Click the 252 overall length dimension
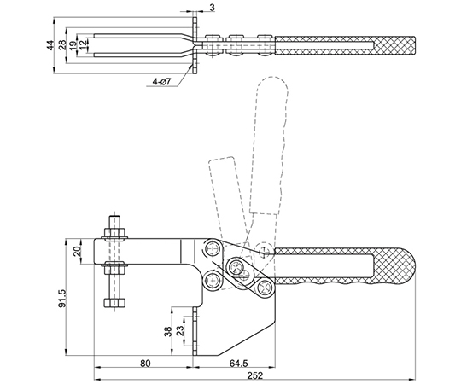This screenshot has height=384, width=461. coord(254,375)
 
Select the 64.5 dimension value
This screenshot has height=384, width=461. coord(238,364)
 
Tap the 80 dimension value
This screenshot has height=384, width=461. coord(145,364)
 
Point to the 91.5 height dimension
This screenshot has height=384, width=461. coord(62,298)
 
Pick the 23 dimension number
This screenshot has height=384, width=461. coord(180,330)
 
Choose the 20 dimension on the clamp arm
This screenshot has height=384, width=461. coord(77,252)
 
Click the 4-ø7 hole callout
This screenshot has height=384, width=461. coord(161,82)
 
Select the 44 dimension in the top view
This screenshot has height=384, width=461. coord(50,45)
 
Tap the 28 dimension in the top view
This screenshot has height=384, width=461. coord(62,45)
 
